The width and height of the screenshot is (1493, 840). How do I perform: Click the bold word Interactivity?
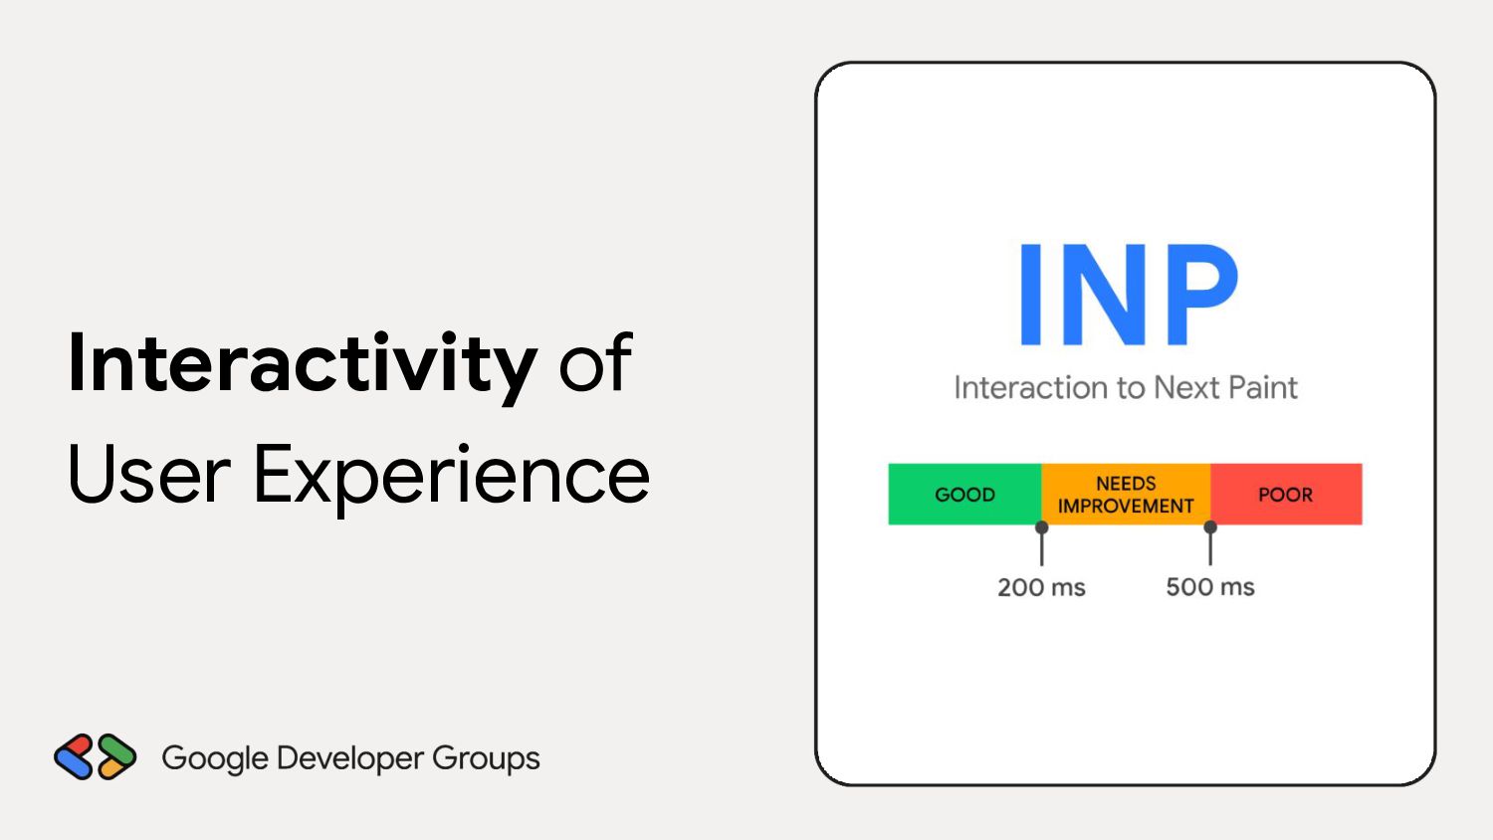[x=302, y=365]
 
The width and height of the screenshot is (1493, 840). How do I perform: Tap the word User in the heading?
[x=148, y=474]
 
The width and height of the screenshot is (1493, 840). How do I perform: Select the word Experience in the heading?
[x=452, y=480]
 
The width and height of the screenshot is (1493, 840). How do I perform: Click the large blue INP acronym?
[x=1128, y=295]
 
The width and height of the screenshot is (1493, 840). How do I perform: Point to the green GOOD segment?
[x=964, y=494]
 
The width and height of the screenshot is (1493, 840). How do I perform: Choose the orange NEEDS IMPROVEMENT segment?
[x=1126, y=494]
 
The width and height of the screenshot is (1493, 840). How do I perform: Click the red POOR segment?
[x=1286, y=494]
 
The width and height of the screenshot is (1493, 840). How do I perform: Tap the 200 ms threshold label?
[x=1042, y=587]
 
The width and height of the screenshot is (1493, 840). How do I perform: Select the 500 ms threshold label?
[x=1210, y=586]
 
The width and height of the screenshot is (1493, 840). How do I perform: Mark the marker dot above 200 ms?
[x=1042, y=527]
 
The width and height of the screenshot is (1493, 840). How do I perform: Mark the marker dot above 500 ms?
[x=1210, y=527]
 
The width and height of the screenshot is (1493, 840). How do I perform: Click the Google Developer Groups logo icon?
[x=96, y=756]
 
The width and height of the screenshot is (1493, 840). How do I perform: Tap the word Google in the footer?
[x=215, y=759]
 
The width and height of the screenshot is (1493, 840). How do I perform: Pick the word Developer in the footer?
[x=350, y=759]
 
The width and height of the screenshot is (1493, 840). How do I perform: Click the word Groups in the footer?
[x=486, y=759]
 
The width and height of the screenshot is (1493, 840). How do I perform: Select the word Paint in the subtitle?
[x=1263, y=387]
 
